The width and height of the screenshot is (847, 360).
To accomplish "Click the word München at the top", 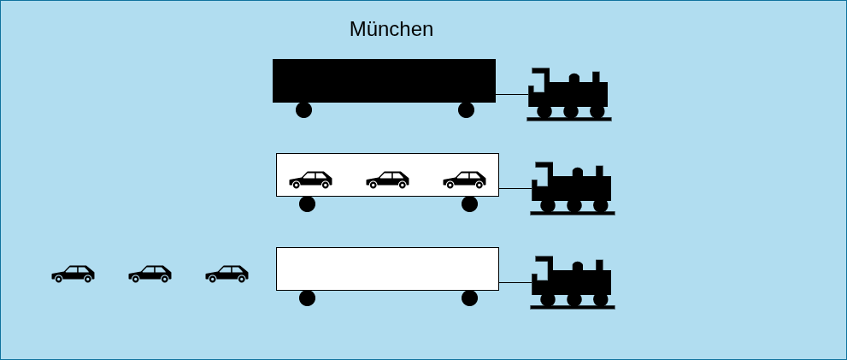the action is tap(391, 29).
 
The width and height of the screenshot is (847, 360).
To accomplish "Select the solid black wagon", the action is tap(384, 80).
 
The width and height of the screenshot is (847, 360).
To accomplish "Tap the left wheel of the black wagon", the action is tap(303, 109).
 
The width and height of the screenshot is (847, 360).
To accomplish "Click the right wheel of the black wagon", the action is tap(466, 109).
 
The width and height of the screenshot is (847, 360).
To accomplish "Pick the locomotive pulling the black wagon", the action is tap(569, 95).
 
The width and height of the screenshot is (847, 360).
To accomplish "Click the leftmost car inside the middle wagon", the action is tap(310, 180).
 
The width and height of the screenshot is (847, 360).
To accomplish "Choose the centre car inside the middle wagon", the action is tap(387, 180).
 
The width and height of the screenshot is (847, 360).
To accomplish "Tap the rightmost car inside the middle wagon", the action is tap(465, 180).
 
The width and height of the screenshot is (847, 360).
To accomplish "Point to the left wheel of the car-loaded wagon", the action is tap(308, 204).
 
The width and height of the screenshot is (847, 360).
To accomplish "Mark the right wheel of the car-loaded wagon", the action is tap(470, 204).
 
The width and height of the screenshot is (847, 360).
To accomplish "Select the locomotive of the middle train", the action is tap(573, 189).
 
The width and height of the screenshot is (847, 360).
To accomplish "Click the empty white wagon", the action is tap(387, 269).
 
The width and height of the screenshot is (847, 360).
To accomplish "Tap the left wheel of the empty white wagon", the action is tap(308, 298).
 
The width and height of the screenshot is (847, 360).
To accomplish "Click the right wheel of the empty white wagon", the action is tap(470, 298).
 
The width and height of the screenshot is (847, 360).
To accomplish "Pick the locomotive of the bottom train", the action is tap(573, 283).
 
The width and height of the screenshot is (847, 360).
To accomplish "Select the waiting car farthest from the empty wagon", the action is tap(73, 274).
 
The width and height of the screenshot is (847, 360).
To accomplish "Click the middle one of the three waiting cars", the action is tap(150, 274).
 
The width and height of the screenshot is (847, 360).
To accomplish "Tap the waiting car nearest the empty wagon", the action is tap(226, 274).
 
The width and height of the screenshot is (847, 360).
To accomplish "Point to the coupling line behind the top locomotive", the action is tap(512, 94).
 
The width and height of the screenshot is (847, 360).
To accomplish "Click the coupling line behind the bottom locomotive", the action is tap(515, 282).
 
